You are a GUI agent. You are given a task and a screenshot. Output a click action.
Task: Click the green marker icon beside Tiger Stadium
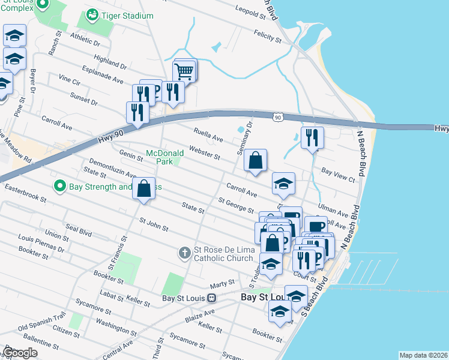(x=92, y=14)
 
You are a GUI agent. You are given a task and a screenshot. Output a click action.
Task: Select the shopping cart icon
(x=184, y=71)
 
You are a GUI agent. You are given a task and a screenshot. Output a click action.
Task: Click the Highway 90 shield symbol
(x=277, y=118)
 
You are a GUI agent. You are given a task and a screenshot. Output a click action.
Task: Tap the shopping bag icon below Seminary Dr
(x=255, y=160)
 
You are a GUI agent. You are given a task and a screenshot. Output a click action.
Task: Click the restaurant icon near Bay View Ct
(x=312, y=137)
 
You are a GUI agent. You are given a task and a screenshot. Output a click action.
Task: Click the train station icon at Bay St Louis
(x=211, y=298)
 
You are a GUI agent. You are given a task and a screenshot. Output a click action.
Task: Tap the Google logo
(x=20, y=352)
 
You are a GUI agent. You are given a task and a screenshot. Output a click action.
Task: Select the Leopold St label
(x=250, y=11)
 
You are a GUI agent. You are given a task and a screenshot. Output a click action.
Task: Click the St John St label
(x=153, y=224)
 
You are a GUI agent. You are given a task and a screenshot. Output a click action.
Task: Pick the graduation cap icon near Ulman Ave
(x=283, y=184)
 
